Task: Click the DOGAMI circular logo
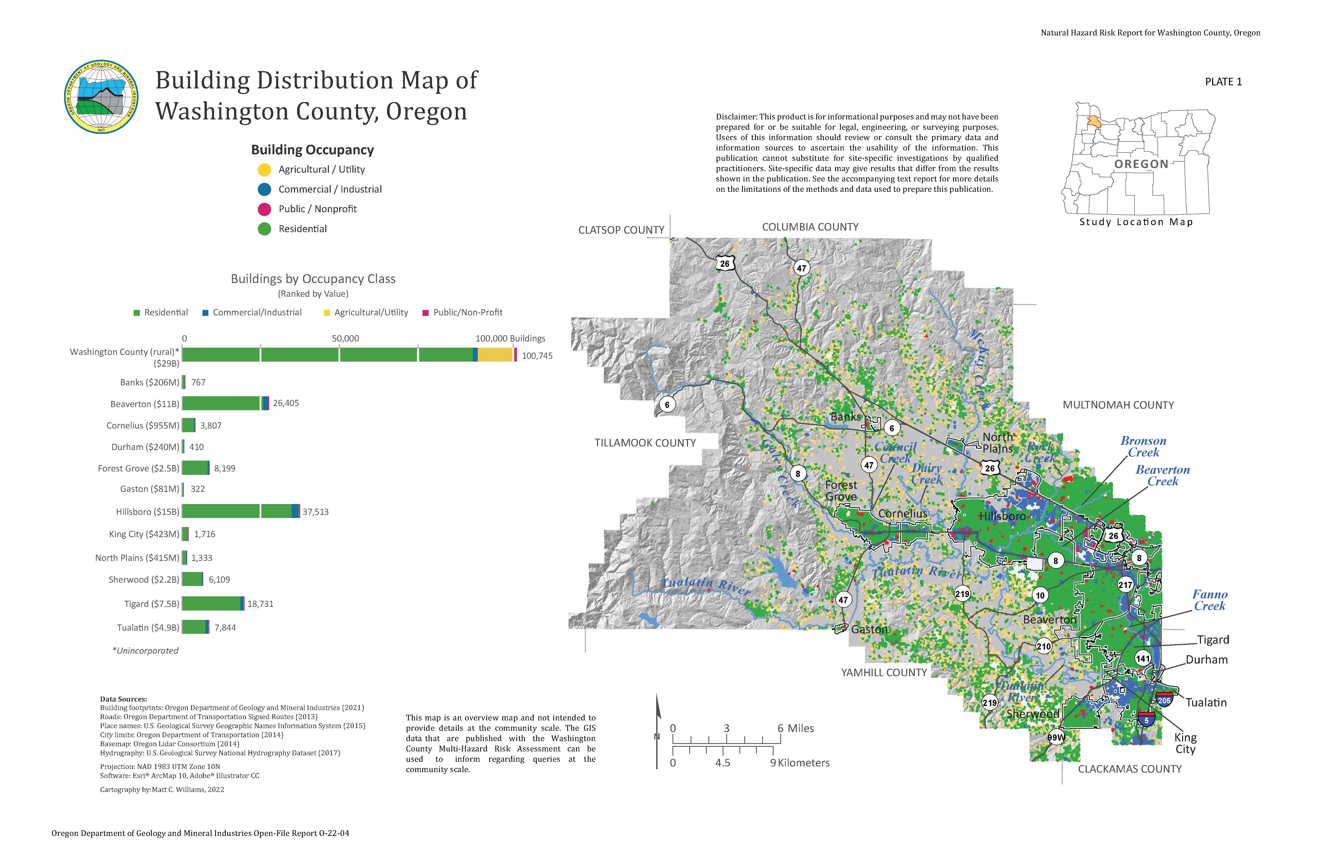pyautogui.click(x=101, y=97)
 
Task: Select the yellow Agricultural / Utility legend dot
pyautogui.click(x=265, y=170)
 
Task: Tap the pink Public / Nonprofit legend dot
pyautogui.click(x=265, y=209)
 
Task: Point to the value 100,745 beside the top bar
pyautogui.click(x=537, y=356)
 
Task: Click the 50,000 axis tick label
pyautogui.click(x=345, y=338)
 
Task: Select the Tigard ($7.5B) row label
pyautogui.click(x=151, y=604)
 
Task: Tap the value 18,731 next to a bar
pyautogui.click(x=260, y=604)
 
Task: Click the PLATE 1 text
pyautogui.click(x=1223, y=82)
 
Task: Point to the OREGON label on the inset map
pyautogui.click(x=1141, y=164)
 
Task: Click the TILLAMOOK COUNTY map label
pyautogui.click(x=645, y=443)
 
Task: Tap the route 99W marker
pyautogui.click(x=1056, y=737)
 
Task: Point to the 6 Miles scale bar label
pyautogui.click(x=796, y=728)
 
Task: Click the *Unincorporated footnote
pyautogui.click(x=145, y=651)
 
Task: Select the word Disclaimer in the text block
pyautogui.click(x=736, y=117)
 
